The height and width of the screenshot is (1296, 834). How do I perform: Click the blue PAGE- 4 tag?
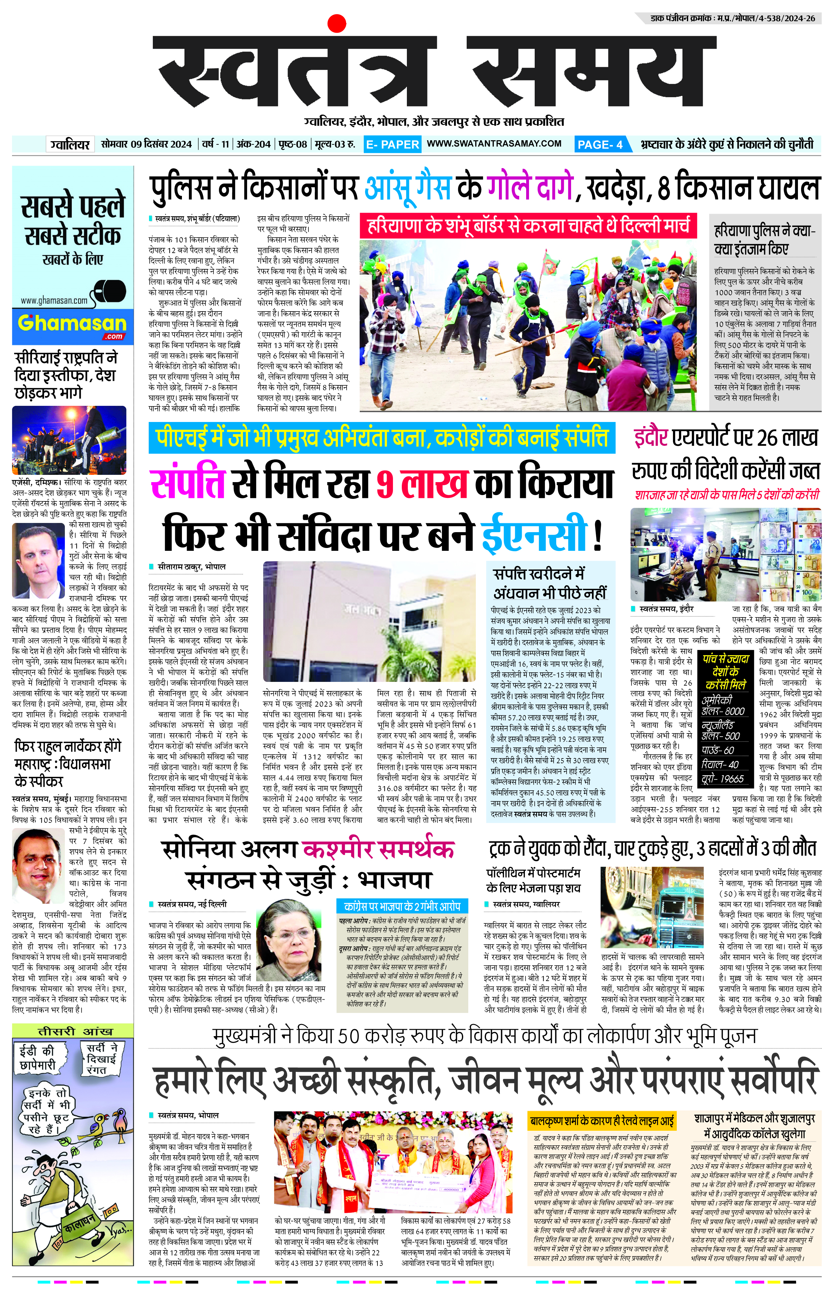601,144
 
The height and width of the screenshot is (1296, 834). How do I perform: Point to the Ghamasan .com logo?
72,325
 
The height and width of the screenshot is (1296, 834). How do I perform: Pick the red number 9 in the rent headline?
384,484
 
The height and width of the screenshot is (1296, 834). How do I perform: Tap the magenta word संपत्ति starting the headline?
187,484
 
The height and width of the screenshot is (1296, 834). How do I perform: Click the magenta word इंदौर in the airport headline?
650,438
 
